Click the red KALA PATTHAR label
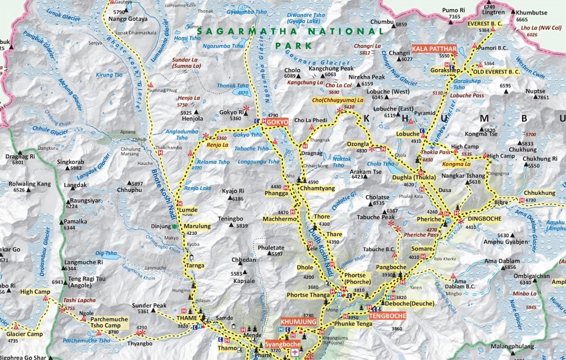[432, 48]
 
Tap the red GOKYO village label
[278, 122]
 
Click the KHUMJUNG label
[298, 322]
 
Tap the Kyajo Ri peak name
[232, 191]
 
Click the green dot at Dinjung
[175, 226]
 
